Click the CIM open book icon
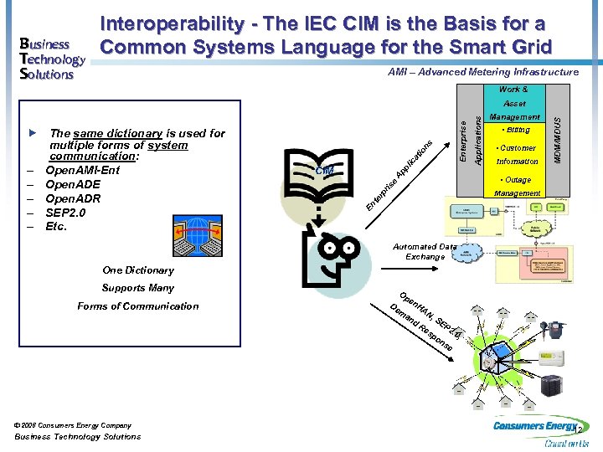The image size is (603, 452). coord(325,171)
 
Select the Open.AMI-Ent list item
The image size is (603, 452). coord(82,171)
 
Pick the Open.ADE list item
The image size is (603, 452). coord(73,185)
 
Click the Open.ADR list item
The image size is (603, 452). coord(73,198)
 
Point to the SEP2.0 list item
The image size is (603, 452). coord(67,213)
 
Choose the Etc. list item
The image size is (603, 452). coord(56,226)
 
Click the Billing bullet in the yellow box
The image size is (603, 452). coord(516,131)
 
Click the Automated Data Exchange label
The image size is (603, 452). coord(425,252)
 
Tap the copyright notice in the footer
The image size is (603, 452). coord(73,425)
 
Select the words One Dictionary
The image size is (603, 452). coord(138,270)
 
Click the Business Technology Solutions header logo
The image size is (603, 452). coord(49,59)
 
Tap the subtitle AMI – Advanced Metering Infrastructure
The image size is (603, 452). coord(483,72)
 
